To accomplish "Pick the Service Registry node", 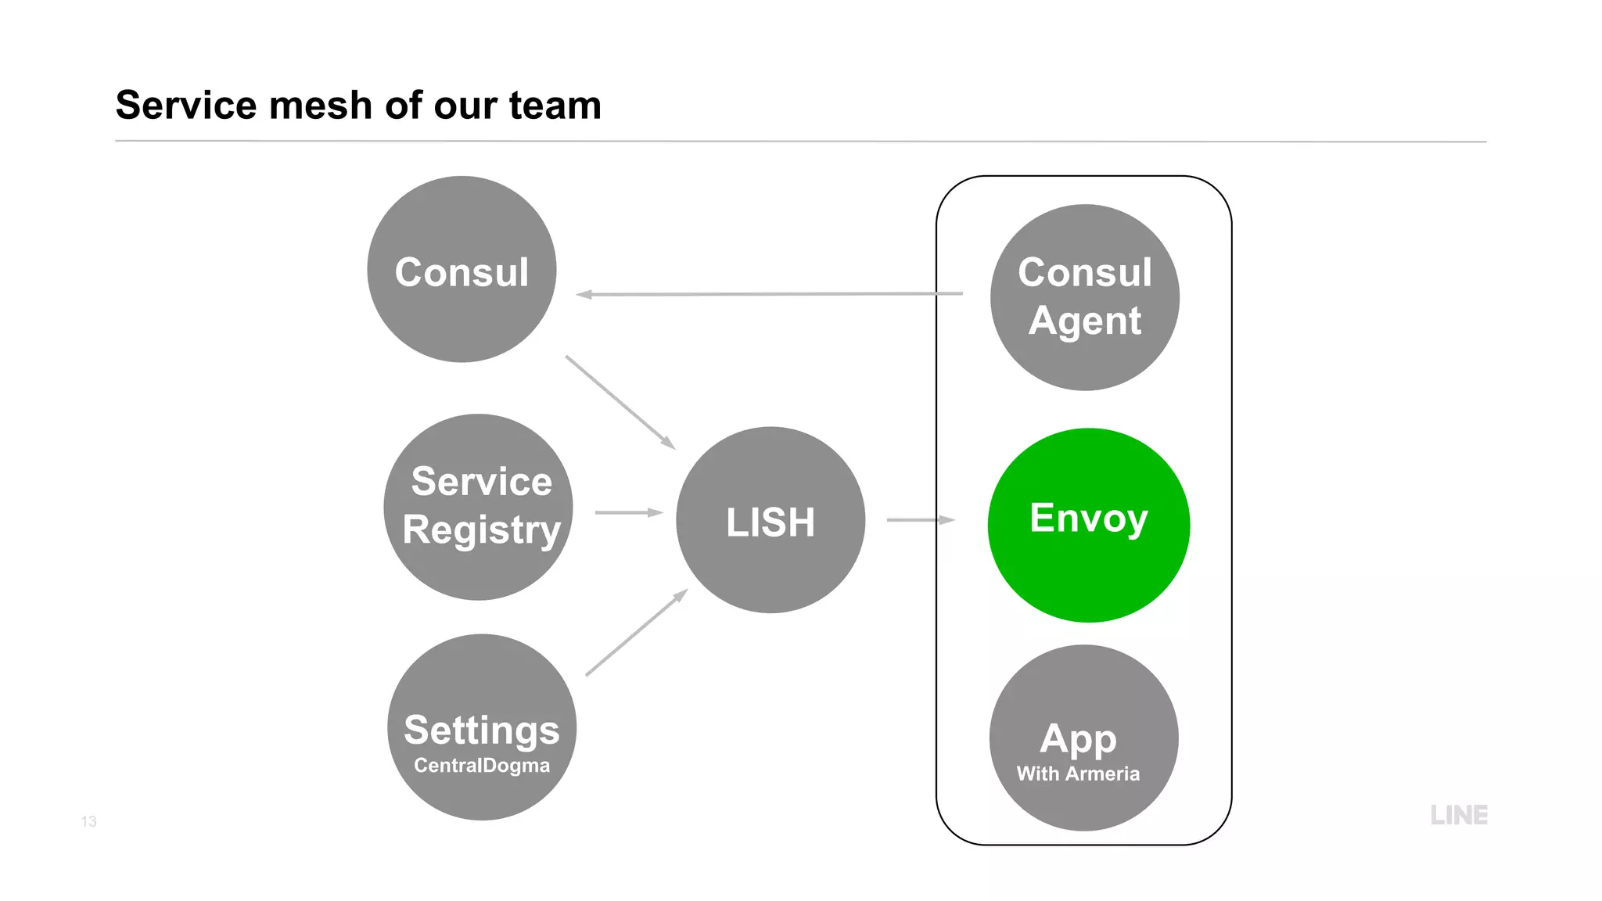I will click(479, 571).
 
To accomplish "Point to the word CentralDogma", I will click(482, 765).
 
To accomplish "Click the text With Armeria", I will click(1078, 774).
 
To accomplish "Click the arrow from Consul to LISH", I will click(620, 402).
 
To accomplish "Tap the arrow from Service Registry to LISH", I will click(629, 512).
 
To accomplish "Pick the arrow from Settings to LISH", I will click(636, 633).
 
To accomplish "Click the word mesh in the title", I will click(321, 105).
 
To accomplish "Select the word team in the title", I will click(555, 105).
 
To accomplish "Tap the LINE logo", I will click(1459, 815).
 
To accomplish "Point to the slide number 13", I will click(88, 821).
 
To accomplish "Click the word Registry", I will click(482, 530).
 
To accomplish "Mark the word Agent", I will click(1085, 321).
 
